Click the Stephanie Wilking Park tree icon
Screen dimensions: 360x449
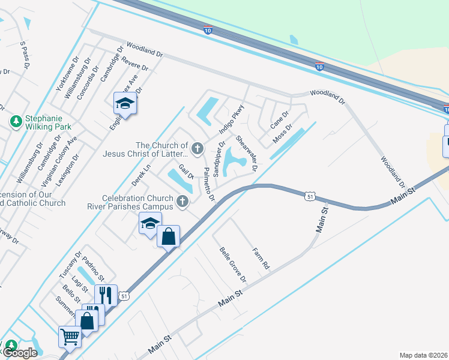[16, 122]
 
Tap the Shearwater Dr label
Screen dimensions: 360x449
[246, 153]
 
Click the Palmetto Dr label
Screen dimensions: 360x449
[208, 185]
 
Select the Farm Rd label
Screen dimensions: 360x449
[261, 258]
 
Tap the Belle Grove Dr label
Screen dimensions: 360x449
[233, 265]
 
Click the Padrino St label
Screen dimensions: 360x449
[94, 269]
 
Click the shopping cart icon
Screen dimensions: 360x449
[70, 337]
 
